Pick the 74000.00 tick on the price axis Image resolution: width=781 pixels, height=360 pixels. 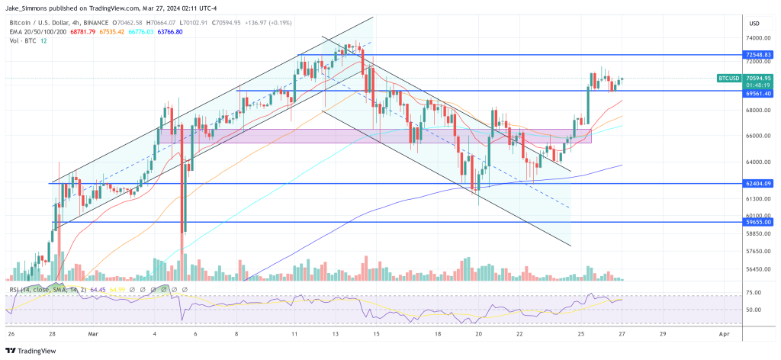[x=758, y=38]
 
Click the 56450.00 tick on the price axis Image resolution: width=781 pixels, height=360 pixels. [x=758, y=269]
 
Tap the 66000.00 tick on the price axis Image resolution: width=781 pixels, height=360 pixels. [x=758, y=136]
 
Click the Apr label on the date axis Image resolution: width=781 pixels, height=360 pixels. [x=725, y=333]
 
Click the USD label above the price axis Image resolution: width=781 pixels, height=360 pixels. [x=755, y=22]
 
